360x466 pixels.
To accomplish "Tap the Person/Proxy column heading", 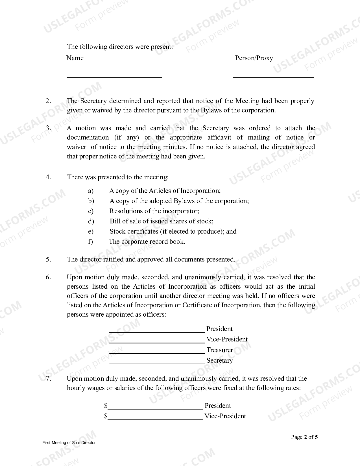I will pyautogui.click(x=254, y=58).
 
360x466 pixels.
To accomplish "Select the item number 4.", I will pyautogui.click(x=48, y=177).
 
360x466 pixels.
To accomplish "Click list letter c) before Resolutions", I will pyautogui.click(x=91, y=211).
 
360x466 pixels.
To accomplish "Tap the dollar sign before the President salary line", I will pyautogui.click(x=106, y=406).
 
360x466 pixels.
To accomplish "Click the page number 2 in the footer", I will pyautogui.click(x=306, y=437).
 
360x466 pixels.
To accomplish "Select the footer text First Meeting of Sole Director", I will pyautogui.click(x=69, y=443).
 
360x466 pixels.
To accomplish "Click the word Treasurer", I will pyautogui.click(x=220, y=350).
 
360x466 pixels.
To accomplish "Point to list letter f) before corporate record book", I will pyautogui.click(x=90, y=241).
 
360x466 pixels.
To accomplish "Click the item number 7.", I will pyautogui.click(x=48, y=379).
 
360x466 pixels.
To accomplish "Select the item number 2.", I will pyautogui.click(x=48, y=101).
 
